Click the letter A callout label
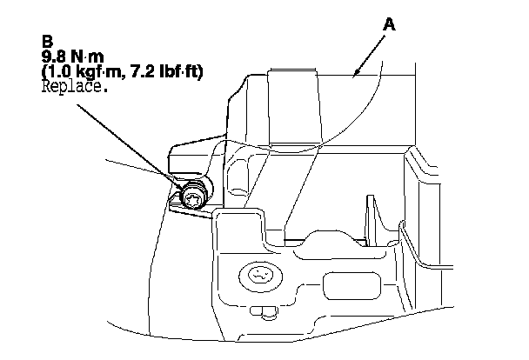(391, 27)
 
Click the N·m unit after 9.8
(88, 57)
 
